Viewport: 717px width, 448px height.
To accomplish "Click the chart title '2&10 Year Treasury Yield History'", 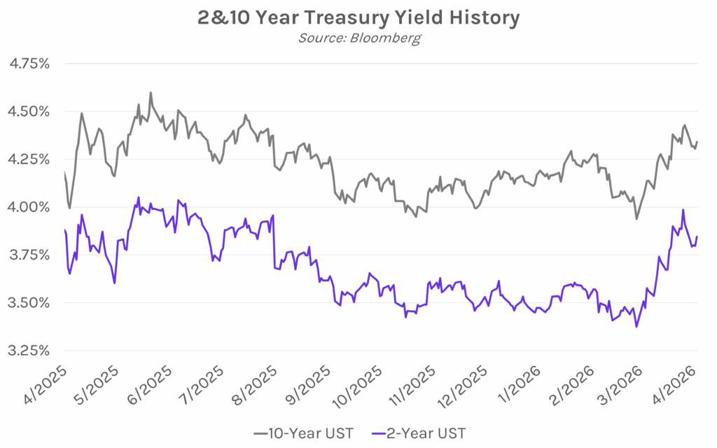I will pyautogui.click(x=358, y=17).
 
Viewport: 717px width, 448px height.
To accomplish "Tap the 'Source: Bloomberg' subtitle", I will pyautogui.click(x=358, y=37).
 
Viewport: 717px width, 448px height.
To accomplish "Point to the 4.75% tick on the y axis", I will pyautogui.click(x=29, y=64).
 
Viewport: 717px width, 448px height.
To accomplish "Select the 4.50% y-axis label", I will pyautogui.click(x=29, y=111).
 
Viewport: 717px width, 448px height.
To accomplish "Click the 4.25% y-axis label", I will pyautogui.click(x=29, y=159).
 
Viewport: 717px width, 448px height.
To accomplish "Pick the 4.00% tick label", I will pyautogui.click(x=29, y=207).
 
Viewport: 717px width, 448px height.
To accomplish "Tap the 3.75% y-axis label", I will pyautogui.click(x=29, y=255).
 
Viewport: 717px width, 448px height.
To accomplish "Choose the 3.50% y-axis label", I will pyautogui.click(x=29, y=302).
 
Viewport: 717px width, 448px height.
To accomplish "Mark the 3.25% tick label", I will pyautogui.click(x=29, y=350).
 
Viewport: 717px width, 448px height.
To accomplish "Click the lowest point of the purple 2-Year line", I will pyautogui.click(x=636, y=326).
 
